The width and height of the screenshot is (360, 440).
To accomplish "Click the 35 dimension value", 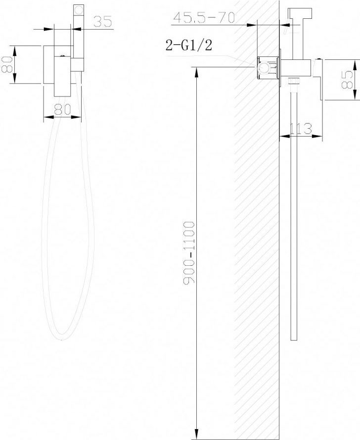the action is (x=102, y=21).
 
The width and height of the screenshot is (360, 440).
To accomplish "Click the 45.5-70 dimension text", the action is (x=204, y=17).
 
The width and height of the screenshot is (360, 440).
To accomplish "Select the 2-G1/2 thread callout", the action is (x=189, y=45).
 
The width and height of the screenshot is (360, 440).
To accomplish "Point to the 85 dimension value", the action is (x=347, y=80).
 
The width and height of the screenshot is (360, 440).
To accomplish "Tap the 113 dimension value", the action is (x=301, y=129).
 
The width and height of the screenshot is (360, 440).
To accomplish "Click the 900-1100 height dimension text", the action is (x=189, y=253).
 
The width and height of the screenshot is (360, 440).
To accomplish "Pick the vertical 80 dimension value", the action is (x=7, y=64).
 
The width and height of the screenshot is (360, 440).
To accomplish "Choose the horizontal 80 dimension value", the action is (x=62, y=110).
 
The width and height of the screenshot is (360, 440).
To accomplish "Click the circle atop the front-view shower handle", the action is (x=78, y=10).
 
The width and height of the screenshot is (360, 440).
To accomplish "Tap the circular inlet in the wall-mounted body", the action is (x=264, y=67).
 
